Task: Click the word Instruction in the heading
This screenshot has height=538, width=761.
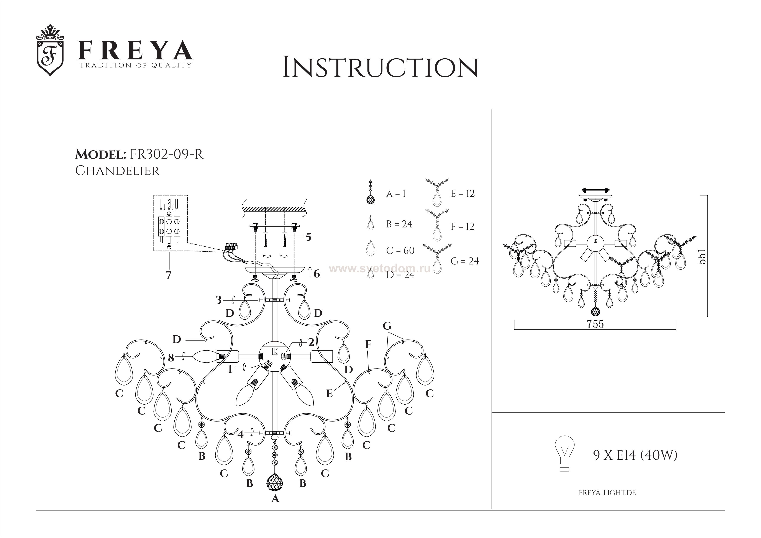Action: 380,67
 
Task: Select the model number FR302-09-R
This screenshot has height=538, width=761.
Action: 167,154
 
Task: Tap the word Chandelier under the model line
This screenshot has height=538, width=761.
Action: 117,171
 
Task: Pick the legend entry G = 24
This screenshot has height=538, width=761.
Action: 465,261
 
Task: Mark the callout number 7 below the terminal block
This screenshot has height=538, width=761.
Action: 169,275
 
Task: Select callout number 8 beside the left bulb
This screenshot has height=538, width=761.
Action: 171,358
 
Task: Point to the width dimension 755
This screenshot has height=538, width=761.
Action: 595,324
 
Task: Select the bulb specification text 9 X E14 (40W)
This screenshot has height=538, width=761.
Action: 635,456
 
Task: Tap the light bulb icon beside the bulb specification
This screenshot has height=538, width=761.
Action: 564,453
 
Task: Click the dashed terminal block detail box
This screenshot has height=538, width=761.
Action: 170,223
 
